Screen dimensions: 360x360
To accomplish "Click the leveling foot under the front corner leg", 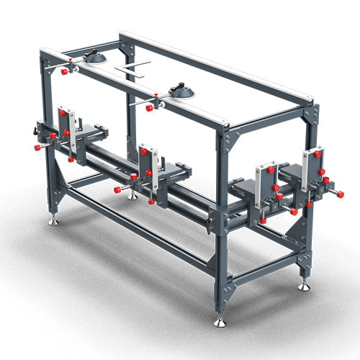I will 220,322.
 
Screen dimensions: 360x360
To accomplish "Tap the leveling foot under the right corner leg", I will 305,287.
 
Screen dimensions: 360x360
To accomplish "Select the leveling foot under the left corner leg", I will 54,221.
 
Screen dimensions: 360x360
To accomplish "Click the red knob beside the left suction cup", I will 64,71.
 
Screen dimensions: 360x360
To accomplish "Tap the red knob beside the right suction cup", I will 150,107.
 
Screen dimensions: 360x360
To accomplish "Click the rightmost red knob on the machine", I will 340,194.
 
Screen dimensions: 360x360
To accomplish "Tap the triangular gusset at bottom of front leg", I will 228,291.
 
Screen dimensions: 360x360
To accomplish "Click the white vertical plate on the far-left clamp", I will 71,130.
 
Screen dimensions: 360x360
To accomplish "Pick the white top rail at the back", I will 216,68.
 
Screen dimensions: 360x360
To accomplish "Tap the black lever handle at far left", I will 39,134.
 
